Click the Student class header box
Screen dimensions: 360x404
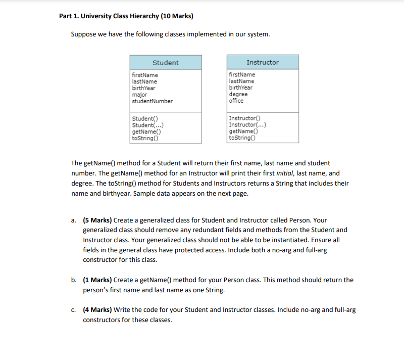click(x=166, y=63)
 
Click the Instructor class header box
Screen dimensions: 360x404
click(x=263, y=62)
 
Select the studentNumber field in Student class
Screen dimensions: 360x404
click(x=152, y=101)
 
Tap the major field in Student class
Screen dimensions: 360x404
click(x=139, y=95)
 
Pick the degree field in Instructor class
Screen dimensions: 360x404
click(x=238, y=94)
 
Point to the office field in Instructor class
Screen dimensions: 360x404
click(x=236, y=101)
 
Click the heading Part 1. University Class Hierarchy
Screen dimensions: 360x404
click(x=126, y=16)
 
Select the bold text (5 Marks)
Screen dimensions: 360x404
click(x=97, y=220)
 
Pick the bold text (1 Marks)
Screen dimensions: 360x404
click(x=97, y=280)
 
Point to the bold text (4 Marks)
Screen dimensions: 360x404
click(x=97, y=309)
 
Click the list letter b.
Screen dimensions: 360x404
click(x=74, y=280)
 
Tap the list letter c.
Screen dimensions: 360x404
click(x=74, y=309)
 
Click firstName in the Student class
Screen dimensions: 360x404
click(x=144, y=75)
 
